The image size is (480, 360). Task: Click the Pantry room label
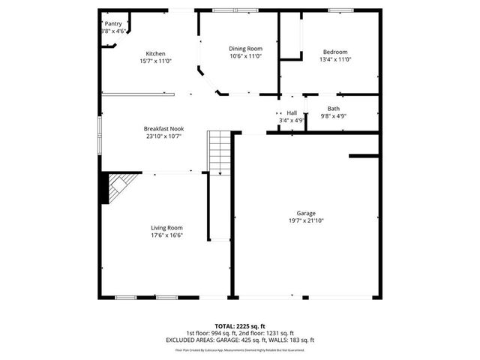click(113, 24)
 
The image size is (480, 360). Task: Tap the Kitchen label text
click(155, 53)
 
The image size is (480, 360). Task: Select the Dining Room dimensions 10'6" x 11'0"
click(245, 55)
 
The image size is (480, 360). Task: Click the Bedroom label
click(335, 52)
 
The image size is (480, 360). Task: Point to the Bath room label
click(333, 108)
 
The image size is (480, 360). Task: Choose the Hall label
click(291, 112)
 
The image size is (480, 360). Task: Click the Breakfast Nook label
click(164, 128)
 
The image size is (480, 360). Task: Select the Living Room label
click(166, 227)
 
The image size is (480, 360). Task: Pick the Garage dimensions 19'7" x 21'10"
click(306, 220)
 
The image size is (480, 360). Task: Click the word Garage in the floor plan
click(306, 213)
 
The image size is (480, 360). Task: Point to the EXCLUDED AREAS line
click(240, 340)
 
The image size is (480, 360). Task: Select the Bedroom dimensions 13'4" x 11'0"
click(335, 59)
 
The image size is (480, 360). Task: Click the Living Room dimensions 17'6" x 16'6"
click(166, 235)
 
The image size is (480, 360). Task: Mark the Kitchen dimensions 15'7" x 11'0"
click(155, 61)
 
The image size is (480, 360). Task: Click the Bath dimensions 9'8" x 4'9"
click(333, 115)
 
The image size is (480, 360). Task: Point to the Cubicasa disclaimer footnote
click(240, 349)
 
